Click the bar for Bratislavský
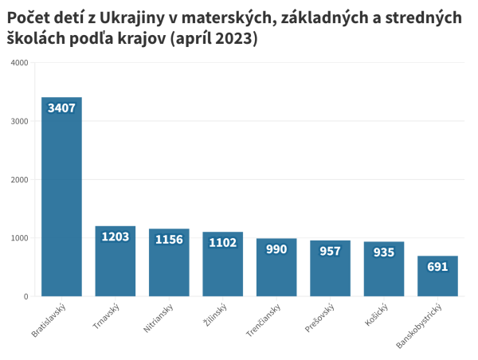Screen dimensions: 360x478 pos(61,199)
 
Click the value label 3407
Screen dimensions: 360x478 pos(61,108)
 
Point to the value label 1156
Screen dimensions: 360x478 pos(169,239)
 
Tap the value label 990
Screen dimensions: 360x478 pos(276,249)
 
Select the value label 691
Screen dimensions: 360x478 pos(437,267)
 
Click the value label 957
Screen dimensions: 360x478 pos(330,251)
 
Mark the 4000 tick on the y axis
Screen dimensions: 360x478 pos(19,63)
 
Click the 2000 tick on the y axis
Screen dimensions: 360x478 pos(19,180)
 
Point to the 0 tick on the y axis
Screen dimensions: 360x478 pos(25,297)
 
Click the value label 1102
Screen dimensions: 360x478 pos(222,242)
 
